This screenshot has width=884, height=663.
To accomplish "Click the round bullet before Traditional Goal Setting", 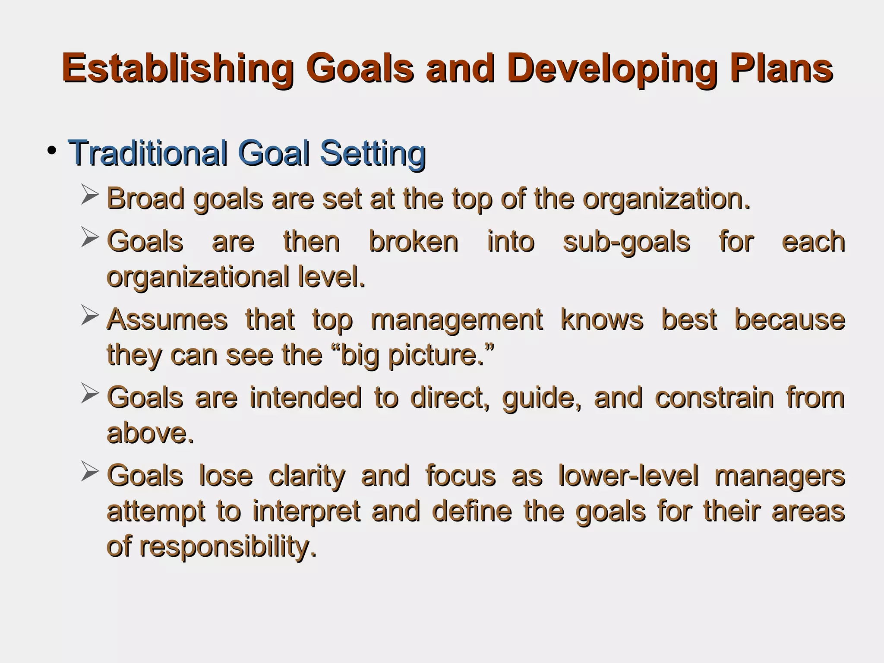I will (52, 151).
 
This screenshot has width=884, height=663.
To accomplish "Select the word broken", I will (413, 242).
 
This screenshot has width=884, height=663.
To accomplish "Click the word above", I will (149, 433).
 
